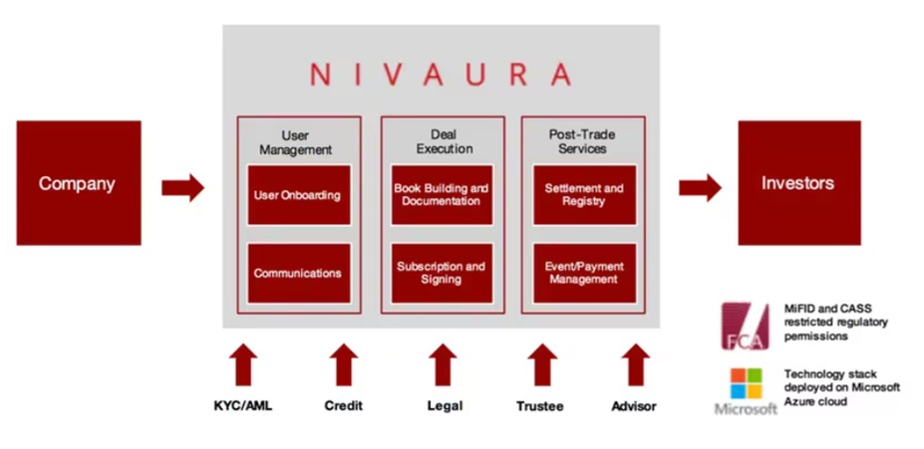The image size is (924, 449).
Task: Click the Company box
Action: click(x=79, y=183)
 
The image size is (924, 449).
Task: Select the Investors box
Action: click(x=799, y=183)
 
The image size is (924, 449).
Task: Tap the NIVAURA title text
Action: click(x=441, y=74)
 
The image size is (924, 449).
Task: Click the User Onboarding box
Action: click(x=299, y=195)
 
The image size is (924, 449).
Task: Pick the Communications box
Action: click(x=299, y=273)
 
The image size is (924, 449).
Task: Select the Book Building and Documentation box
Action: click(x=442, y=195)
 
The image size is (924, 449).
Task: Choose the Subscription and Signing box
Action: click(x=442, y=273)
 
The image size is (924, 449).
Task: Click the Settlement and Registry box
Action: click(x=584, y=195)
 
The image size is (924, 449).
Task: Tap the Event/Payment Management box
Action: click(x=584, y=273)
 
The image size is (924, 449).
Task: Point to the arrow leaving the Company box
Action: click(x=182, y=188)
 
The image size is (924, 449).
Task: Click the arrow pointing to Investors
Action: click(x=700, y=188)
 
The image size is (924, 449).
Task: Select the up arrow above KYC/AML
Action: click(x=243, y=364)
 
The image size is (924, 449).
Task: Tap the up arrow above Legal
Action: click(x=444, y=364)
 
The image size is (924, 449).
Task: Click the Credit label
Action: click(x=344, y=406)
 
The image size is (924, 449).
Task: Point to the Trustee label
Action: click(x=540, y=406)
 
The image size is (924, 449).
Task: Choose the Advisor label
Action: click(x=634, y=406)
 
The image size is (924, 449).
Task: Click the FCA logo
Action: click(x=746, y=327)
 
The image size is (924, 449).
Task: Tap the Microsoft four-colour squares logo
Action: click(x=746, y=383)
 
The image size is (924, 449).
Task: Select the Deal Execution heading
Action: click(x=445, y=141)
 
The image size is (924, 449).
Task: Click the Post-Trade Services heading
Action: click(x=583, y=141)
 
